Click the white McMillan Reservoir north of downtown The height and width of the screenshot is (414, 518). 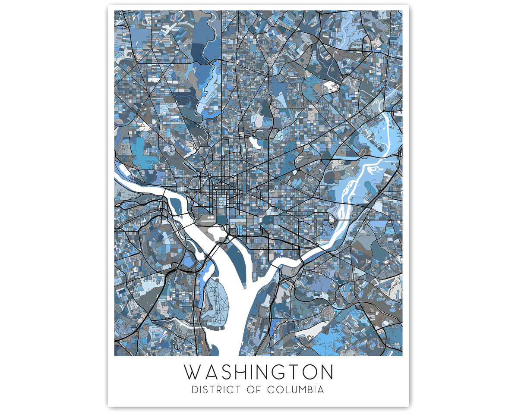tap(255, 143)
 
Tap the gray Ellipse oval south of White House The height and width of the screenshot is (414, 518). tap(221, 211)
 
